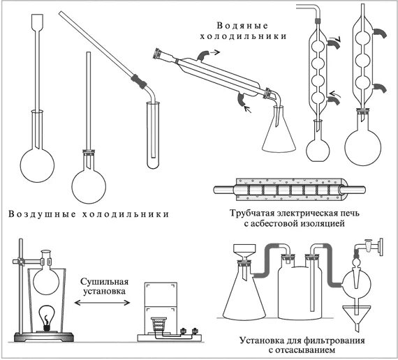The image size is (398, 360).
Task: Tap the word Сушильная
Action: (105, 282)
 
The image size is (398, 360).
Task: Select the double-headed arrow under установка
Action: (102, 302)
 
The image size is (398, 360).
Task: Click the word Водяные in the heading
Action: (242, 26)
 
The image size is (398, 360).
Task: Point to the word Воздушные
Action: (42, 214)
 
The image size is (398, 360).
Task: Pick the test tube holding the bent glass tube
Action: (153, 135)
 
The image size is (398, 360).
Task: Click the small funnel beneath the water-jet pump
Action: (357, 317)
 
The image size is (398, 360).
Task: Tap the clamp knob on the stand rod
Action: (20, 262)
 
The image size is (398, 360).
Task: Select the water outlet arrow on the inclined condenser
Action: (215, 53)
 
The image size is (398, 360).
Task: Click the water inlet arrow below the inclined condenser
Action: (247, 109)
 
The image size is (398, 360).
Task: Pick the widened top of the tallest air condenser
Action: (37, 22)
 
